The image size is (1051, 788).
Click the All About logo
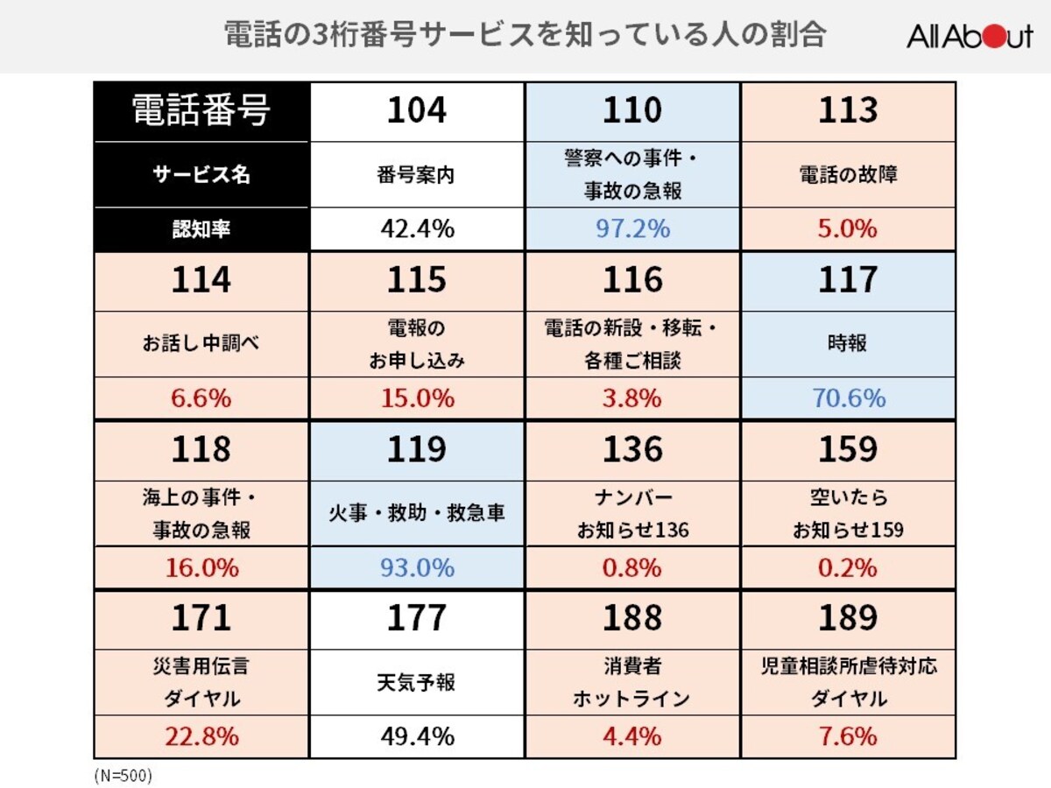[969, 36]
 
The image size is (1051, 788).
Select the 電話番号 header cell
[201, 111]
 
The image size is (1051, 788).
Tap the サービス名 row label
[201, 174]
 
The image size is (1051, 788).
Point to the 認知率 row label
[201, 229]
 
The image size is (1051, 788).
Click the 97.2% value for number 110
[632, 229]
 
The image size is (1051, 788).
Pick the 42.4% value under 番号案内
[417, 229]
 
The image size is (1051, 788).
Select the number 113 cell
[848, 111]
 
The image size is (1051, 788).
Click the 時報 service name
[848, 343]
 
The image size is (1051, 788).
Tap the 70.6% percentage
[848, 398]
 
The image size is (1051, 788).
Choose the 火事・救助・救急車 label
[417, 513]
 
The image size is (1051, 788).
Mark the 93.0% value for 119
[417, 567]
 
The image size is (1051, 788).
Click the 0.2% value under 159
[848, 567]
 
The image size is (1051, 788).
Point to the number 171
[201, 618]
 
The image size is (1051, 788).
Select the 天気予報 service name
[417, 682]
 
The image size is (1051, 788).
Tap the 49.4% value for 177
[417, 736]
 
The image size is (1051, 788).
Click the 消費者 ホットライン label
[632, 682]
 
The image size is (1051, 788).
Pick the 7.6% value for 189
[848, 736]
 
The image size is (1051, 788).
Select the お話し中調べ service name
[201, 343]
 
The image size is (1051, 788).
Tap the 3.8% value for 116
[632, 398]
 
